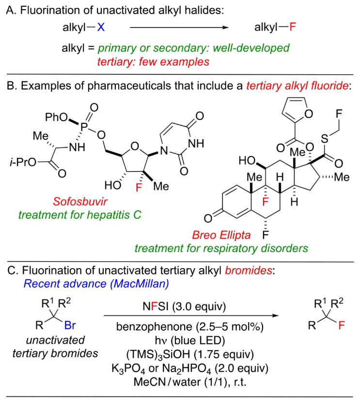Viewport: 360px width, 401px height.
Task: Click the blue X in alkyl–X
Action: point(101,28)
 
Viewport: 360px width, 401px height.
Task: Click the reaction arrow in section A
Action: point(179,28)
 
